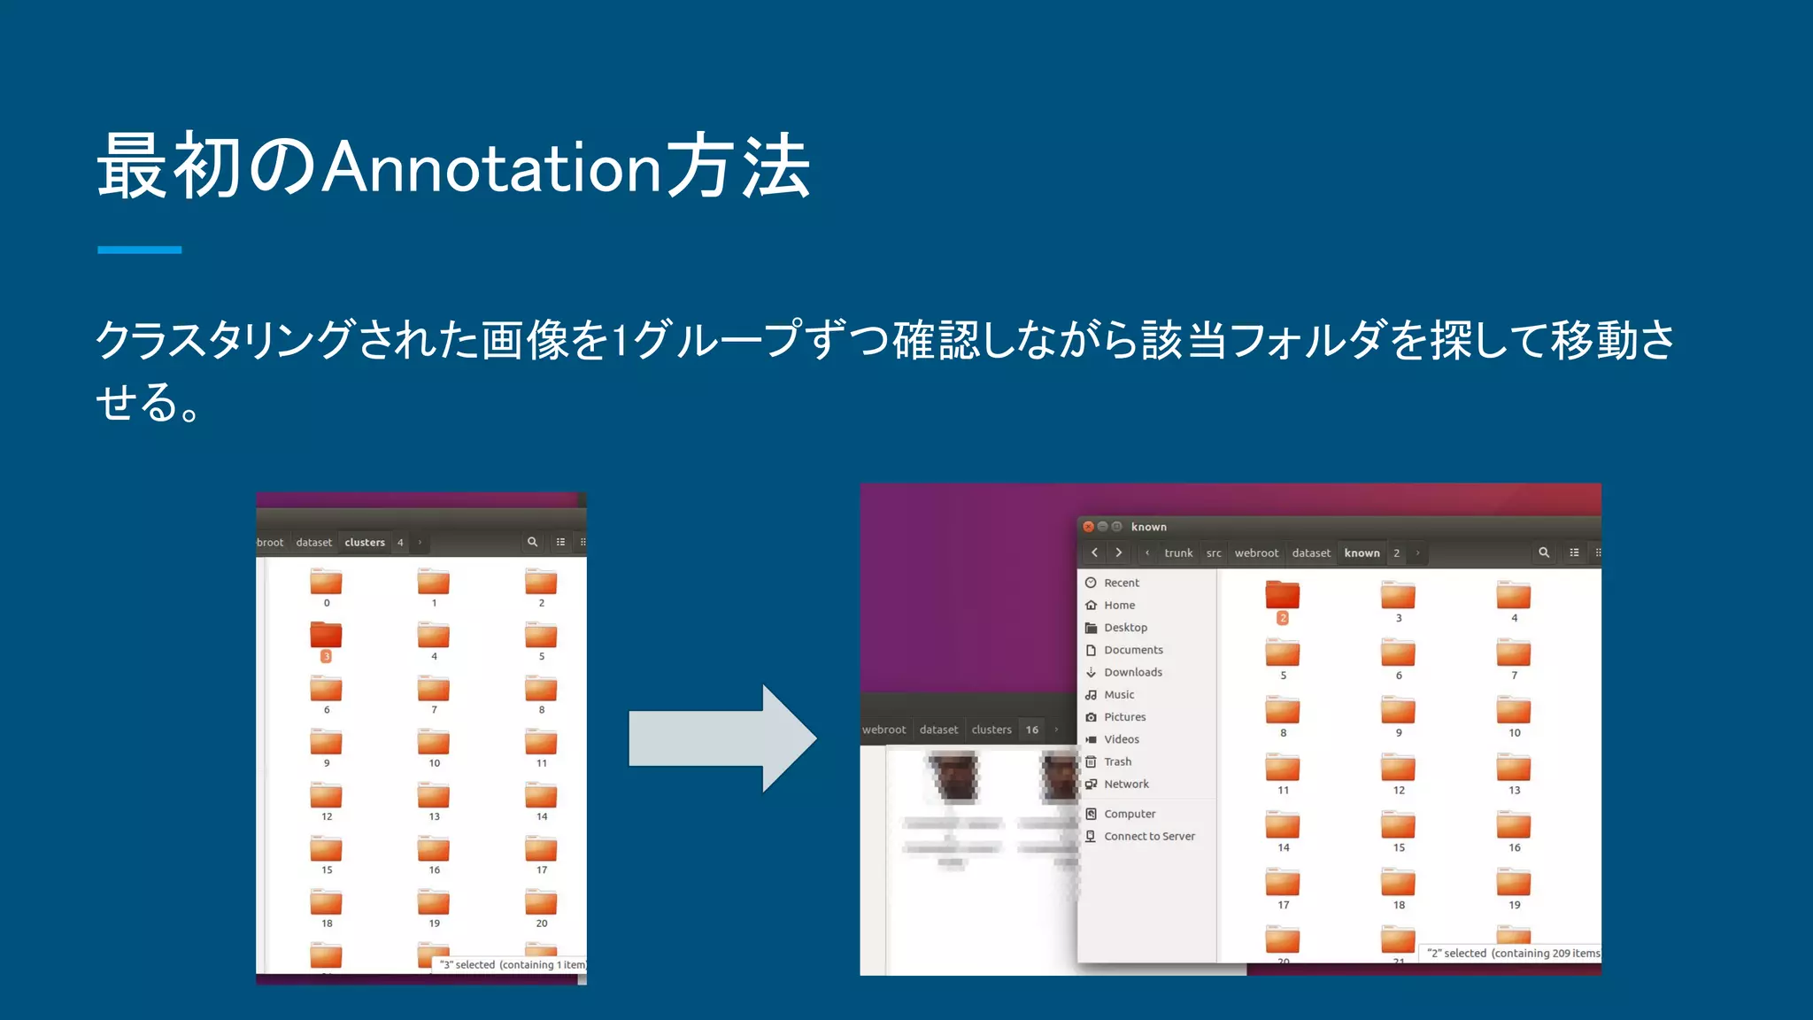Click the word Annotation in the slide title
point(491,167)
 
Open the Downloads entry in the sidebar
point(1132,672)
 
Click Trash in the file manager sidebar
point(1117,761)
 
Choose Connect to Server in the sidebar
point(1149,836)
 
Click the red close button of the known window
point(1088,527)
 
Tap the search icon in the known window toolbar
point(1544,552)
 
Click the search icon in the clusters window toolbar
point(532,542)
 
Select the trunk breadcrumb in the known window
point(1178,552)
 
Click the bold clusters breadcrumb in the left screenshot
point(365,542)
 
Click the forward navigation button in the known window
point(1119,552)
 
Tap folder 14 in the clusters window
point(541,796)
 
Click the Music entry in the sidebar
point(1119,695)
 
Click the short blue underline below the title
point(139,250)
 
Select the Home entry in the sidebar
point(1119,605)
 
